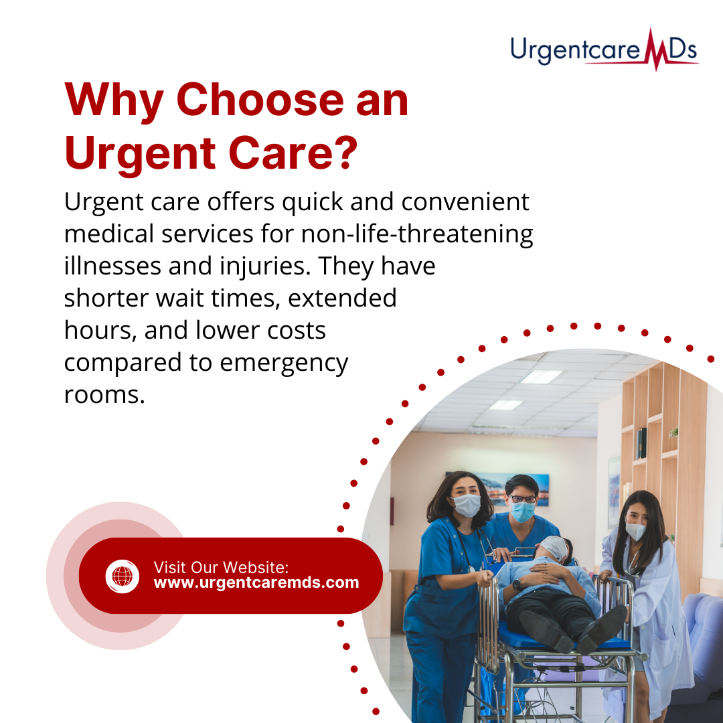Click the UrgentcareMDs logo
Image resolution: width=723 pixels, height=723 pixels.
click(604, 50)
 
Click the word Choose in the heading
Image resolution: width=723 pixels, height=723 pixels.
click(260, 100)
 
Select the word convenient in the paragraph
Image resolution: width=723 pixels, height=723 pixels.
click(465, 202)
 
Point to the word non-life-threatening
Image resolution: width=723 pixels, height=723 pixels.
click(417, 234)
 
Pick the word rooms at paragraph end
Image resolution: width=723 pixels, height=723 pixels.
click(104, 395)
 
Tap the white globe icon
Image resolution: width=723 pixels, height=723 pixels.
click(123, 576)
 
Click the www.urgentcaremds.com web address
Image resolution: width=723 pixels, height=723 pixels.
click(256, 582)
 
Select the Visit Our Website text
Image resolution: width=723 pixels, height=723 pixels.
click(221, 567)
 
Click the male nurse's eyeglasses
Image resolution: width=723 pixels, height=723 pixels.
click(523, 499)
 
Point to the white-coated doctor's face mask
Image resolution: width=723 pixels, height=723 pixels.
click(635, 531)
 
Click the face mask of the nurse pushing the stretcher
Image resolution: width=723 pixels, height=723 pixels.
click(467, 505)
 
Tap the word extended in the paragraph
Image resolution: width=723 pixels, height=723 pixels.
click(342, 298)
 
